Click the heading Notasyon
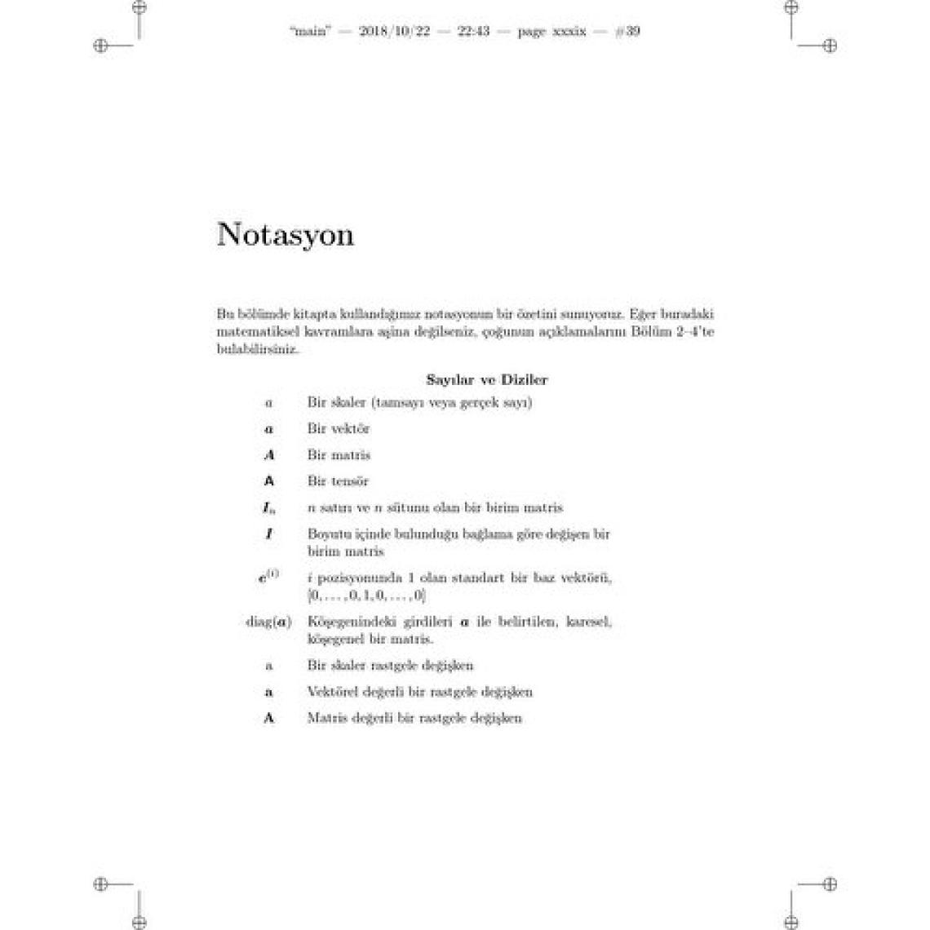[x=286, y=235]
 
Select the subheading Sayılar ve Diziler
[x=487, y=379]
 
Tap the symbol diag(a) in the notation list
[x=268, y=622]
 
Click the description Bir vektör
[x=339, y=428]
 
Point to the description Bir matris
[x=339, y=454]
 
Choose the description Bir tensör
[x=338, y=481]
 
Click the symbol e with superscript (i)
[x=268, y=578]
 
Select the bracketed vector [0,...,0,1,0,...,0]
[x=366, y=596]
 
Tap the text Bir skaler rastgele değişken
[x=390, y=666]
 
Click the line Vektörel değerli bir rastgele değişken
[x=419, y=692]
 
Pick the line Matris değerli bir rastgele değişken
[x=414, y=718]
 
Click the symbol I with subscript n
[x=268, y=508]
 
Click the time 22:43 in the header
[x=473, y=32]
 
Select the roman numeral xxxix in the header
[x=569, y=32]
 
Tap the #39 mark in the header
[x=627, y=32]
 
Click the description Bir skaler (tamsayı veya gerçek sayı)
[x=419, y=402]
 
